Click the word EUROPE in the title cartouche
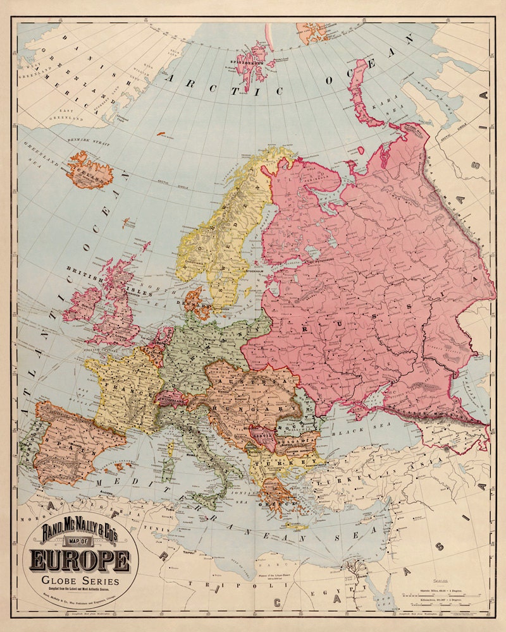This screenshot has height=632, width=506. (79, 560)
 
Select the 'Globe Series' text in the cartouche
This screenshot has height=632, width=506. (78, 581)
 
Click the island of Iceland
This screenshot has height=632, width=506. (92, 173)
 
